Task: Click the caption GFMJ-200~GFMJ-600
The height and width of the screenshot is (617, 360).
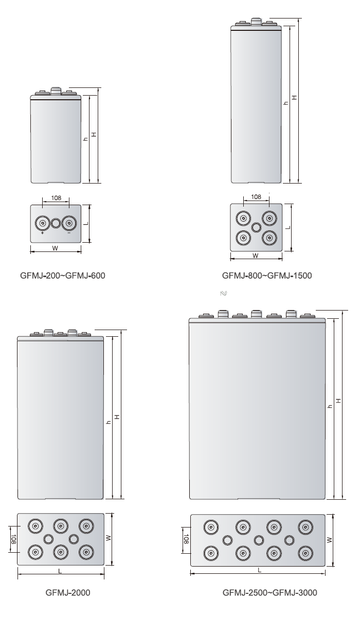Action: tap(63, 276)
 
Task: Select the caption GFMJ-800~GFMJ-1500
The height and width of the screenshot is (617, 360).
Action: tap(266, 276)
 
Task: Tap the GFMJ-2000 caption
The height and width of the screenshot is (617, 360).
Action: tap(68, 593)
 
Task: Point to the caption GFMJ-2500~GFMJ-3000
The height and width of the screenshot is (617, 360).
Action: tap(269, 593)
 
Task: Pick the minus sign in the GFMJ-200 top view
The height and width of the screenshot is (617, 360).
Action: tap(69, 233)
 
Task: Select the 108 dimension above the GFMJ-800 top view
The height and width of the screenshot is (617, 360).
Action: tap(256, 197)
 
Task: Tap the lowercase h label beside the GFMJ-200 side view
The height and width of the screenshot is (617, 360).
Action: tap(86, 139)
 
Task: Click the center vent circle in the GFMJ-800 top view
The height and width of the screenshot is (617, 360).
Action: tap(256, 227)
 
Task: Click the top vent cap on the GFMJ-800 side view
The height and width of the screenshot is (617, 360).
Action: tap(256, 21)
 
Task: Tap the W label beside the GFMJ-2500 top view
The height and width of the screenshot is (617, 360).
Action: tap(335, 539)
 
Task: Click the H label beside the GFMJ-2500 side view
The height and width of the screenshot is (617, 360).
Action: tap(337, 401)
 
